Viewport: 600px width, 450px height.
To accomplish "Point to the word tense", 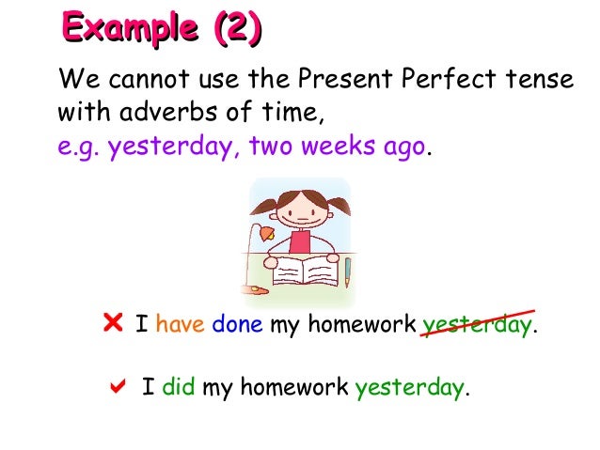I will pos(535,82).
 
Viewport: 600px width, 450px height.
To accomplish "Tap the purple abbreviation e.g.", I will pos(79,148).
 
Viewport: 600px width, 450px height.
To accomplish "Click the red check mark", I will pos(118,385).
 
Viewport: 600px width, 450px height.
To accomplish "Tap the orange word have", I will pos(180,326).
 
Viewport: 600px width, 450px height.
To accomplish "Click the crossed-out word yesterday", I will pos(477,326).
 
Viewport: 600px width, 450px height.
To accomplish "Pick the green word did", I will pos(178,387).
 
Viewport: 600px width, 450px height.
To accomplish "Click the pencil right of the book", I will pos(346,272).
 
